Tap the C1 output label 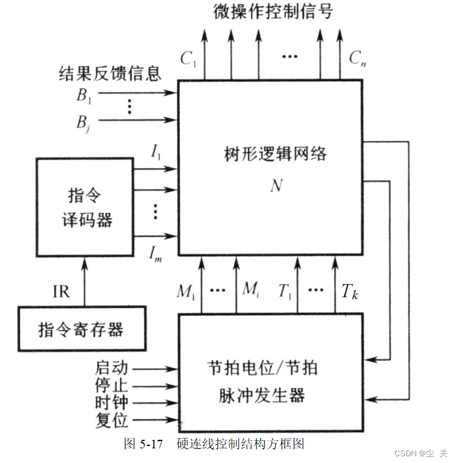(187, 59)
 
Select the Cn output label (357, 59)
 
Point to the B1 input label (84, 95)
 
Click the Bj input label (84, 122)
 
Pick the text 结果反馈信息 (110, 74)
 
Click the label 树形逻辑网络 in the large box (275, 153)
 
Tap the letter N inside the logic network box (276, 185)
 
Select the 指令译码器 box (84, 207)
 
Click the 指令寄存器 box (81, 330)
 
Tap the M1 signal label (185, 291)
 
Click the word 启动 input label (111, 368)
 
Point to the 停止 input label (111, 386)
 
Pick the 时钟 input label (111, 403)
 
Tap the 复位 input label (111, 420)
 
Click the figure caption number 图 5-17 (143, 443)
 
